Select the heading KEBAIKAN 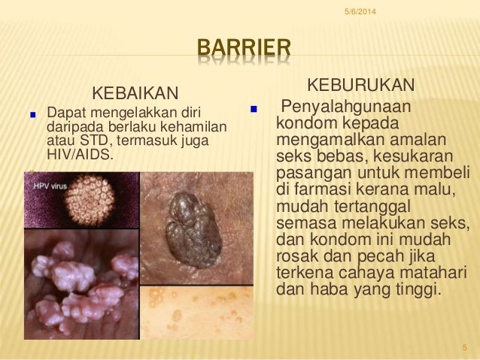135,94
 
